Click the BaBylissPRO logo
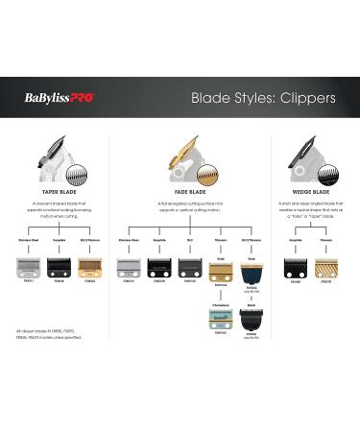click(60, 97)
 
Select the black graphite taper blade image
click(60, 266)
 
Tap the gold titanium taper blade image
click(88, 266)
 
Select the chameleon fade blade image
click(220, 311)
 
